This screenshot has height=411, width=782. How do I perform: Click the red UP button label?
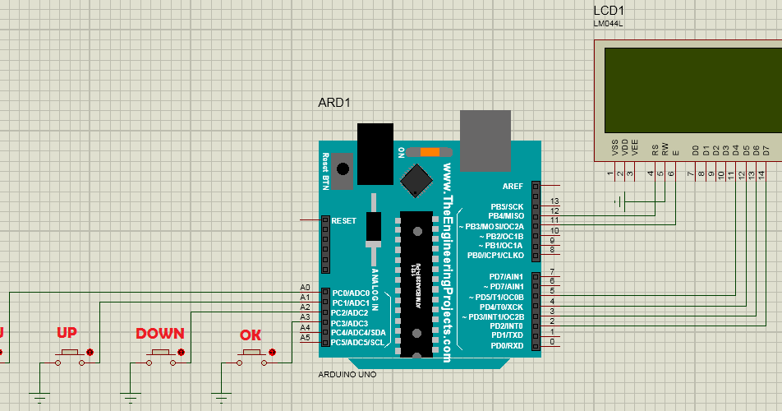pyautogui.click(x=67, y=333)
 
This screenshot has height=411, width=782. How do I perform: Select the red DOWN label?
pyautogui.click(x=159, y=334)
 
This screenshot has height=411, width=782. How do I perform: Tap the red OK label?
pyautogui.click(x=251, y=335)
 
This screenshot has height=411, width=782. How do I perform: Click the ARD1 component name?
pyautogui.click(x=334, y=103)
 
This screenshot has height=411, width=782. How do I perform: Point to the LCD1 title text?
pyautogui.click(x=609, y=11)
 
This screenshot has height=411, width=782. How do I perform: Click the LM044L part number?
pyautogui.click(x=609, y=24)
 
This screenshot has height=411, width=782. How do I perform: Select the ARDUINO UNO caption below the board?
pyautogui.click(x=347, y=375)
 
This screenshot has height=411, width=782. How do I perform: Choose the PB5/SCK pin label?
pyautogui.click(x=507, y=206)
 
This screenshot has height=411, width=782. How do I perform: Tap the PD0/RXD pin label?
pyautogui.click(x=507, y=345)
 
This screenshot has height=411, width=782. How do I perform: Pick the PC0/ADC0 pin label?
pyautogui.click(x=346, y=293)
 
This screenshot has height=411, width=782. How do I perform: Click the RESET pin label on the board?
pyautogui.click(x=343, y=220)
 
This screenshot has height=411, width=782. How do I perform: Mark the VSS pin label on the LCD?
pyautogui.click(x=614, y=148)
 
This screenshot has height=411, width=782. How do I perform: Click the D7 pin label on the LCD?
pyautogui.click(x=766, y=150)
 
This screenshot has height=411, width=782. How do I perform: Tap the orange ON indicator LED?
pyautogui.click(x=430, y=152)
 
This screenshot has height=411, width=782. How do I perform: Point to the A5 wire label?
pyautogui.click(x=305, y=337)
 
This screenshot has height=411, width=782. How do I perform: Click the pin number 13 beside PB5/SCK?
pyautogui.click(x=554, y=201)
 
